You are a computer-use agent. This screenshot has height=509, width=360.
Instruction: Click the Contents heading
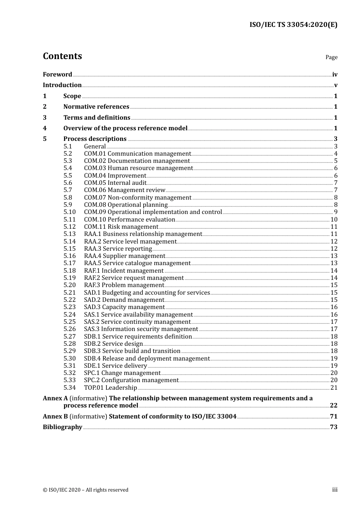[62, 56]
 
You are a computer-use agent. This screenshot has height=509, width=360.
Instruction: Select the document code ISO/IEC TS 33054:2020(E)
[293, 25]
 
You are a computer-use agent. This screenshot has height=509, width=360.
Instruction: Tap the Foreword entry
[57, 75]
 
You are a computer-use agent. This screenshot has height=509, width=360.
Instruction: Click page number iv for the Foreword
[335, 75]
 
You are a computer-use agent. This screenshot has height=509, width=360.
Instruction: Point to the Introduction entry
[62, 85]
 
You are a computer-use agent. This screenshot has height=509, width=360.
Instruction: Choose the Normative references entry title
[96, 107]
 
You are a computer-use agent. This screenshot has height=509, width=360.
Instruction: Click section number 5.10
[69, 212]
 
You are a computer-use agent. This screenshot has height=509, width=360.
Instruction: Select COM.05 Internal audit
[115, 183]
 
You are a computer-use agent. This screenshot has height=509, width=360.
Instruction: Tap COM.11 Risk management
[121, 227]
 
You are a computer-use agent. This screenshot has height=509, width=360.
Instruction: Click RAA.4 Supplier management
[124, 256]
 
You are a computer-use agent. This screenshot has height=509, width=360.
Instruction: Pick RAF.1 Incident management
[124, 271]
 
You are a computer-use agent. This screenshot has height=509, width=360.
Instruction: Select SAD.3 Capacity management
[124, 307]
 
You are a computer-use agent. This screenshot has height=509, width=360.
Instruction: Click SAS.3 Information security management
[141, 329]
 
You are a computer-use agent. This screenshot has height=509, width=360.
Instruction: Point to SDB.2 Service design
[113, 344]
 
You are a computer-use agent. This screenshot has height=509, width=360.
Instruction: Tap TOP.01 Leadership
[110, 388]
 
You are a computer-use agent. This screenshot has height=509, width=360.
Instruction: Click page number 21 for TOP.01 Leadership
[334, 388]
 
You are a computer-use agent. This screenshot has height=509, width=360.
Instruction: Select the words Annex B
[55, 417]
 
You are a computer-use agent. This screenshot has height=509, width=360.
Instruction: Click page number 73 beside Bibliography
[333, 427]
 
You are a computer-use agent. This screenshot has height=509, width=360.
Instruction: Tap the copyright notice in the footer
[86, 490]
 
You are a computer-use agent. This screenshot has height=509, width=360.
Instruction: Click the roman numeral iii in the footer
[335, 490]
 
